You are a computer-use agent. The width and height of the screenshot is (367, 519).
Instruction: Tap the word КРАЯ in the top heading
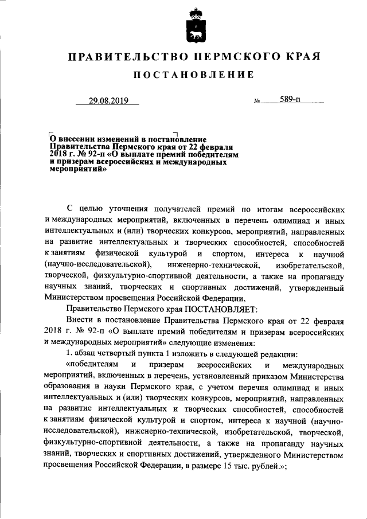(x=300, y=57)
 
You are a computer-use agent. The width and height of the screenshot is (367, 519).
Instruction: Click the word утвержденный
(x=316, y=286)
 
